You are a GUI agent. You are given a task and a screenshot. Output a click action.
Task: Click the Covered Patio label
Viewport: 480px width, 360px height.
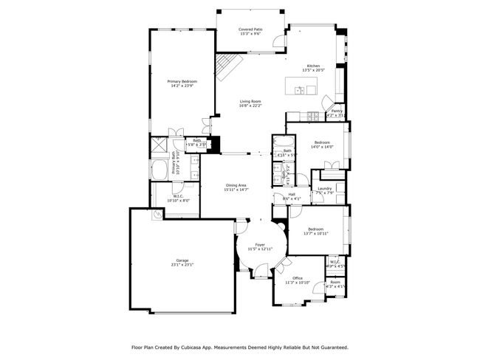(x=250, y=29)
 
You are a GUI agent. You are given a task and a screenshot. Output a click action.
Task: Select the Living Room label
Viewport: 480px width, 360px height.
(x=250, y=101)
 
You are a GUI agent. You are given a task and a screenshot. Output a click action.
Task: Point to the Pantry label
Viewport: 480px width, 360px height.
(x=336, y=111)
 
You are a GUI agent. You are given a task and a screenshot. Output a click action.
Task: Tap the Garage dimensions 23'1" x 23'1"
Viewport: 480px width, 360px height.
(x=182, y=264)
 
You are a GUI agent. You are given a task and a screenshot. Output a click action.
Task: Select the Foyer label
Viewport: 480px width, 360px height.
(x=260, y=244)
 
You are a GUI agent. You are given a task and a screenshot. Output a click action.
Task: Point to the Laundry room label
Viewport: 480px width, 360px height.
(x=325, y=188)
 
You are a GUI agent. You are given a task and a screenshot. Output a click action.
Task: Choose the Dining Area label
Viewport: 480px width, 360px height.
(x=236, y=185)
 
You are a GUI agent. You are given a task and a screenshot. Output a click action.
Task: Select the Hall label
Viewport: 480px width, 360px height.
(x=292, y=194)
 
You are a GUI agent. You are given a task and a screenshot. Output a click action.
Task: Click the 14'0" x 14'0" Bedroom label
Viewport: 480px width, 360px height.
(x=322, y=142)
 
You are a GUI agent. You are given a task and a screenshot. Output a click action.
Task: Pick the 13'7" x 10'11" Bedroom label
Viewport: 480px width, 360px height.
(x=316, y=229)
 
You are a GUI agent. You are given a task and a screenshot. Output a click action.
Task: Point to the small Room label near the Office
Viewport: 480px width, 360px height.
(x=335, y=282)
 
